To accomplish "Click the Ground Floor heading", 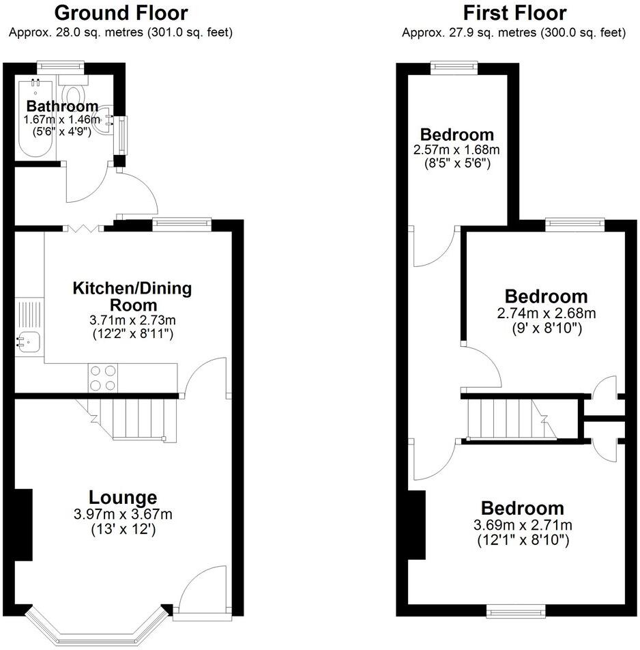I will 121,12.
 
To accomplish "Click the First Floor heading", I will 514,12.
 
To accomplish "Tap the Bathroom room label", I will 62,106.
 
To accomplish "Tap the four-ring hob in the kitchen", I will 101,377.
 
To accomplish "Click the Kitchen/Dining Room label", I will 132,296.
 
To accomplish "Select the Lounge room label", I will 123,498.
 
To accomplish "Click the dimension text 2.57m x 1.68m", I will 456,150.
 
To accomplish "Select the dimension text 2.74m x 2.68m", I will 546,313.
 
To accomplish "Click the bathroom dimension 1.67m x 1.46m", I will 61,120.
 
